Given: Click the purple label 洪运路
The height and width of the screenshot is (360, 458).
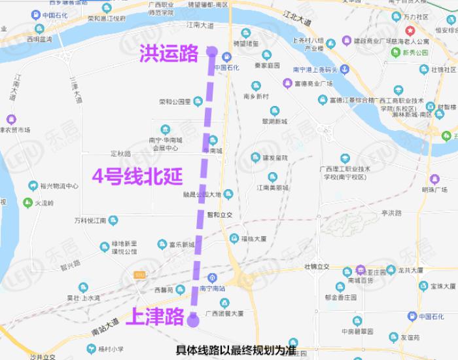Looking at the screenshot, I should tap(169, 54).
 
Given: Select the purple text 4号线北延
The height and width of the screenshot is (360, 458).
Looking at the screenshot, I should tap(136, 177).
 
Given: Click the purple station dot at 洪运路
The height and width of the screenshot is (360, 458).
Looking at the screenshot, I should tap(211, 51).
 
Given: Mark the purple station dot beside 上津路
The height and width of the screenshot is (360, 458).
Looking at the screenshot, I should tap(192, 320).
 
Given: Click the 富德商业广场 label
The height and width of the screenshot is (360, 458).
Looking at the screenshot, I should tap(312, 84).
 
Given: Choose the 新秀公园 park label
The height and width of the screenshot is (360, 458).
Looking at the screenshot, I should tap(415, 52).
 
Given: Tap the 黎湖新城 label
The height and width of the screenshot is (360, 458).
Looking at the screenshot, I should tap(274, 121).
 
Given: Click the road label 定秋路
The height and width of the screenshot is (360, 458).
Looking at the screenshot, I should tap(121, 154).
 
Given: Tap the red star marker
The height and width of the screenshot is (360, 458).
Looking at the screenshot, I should tap(410, 30).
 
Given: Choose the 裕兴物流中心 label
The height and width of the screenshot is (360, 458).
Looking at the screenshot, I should tap(58, 186).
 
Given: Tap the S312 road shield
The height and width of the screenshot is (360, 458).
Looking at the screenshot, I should tap(138, 274).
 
